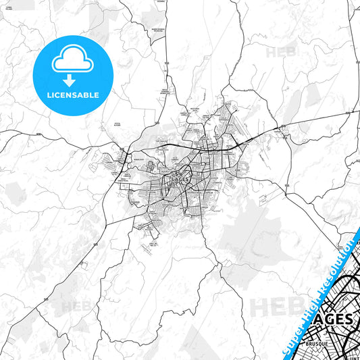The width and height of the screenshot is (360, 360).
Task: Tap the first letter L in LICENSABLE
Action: (47, 95)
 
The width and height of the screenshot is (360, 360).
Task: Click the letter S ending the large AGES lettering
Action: (347, 319)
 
